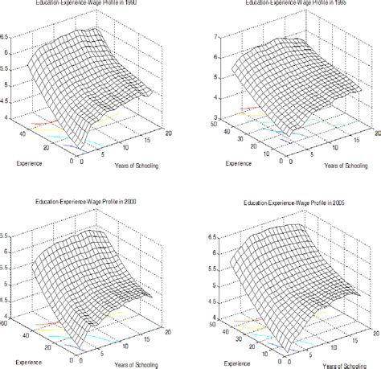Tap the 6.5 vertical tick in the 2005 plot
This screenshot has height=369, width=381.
211,238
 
